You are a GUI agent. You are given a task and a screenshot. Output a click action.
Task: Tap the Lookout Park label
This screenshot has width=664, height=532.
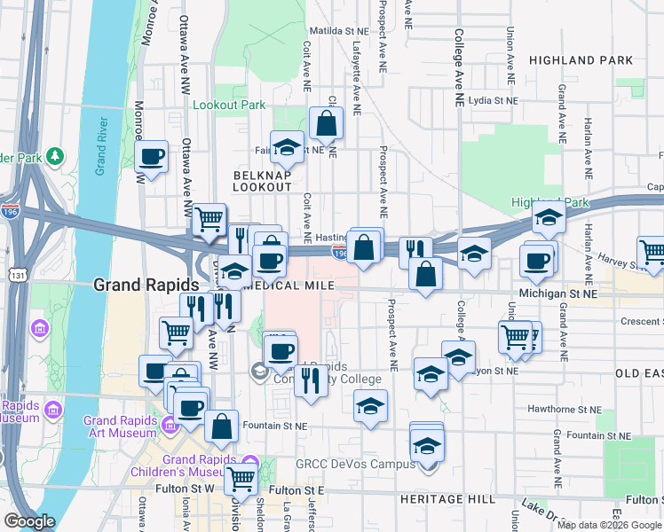click(229, 105)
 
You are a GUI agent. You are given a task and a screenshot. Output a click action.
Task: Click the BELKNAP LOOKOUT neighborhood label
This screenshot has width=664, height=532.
click(262, 181)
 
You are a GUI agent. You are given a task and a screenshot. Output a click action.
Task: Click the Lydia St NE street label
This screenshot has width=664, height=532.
click(493, 100)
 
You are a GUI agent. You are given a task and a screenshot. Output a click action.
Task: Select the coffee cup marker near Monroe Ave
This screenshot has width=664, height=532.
click(153, 158)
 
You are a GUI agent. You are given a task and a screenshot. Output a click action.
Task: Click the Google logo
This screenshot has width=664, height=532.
click(29, 521)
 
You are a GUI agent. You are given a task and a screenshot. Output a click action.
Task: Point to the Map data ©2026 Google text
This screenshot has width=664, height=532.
click(609, 525)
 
